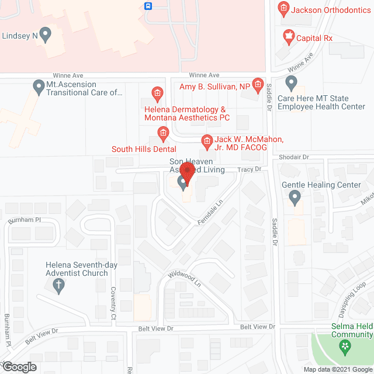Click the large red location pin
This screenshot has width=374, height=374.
(x=186, y=174)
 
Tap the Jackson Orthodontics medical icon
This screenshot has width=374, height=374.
(x=283, y=8)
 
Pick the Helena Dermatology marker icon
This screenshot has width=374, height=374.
(x=157, y=93)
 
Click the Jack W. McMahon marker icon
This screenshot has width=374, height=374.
(x=206, y=141)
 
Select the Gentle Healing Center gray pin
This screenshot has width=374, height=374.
(x=295, y=199)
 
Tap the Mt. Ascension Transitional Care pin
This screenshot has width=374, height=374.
(x=39, y=88)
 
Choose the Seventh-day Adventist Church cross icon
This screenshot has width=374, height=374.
(x=58, y=286)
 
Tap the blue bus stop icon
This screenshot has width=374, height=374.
(x=148, y=6)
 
